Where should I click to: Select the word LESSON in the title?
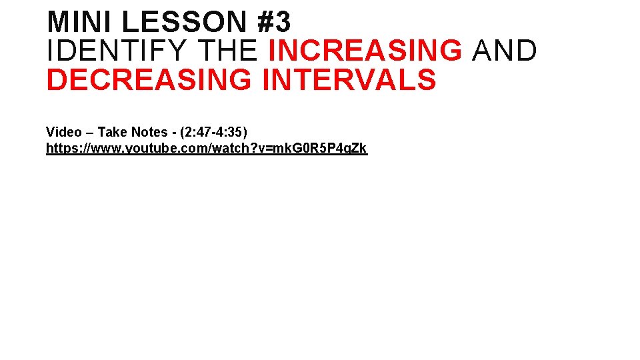point(185,22)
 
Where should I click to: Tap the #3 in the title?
point(273,22)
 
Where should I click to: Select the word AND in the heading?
point(504,51)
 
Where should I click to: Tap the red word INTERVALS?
point(349,80)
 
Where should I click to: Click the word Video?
point(63,132)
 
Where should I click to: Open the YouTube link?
point(206,148)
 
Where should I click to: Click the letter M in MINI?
point(58,22)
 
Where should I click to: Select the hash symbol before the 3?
point(265,22)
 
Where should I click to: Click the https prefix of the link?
point(59,148)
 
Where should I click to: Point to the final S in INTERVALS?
point(427,80)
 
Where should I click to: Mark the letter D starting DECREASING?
point(55,80)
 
